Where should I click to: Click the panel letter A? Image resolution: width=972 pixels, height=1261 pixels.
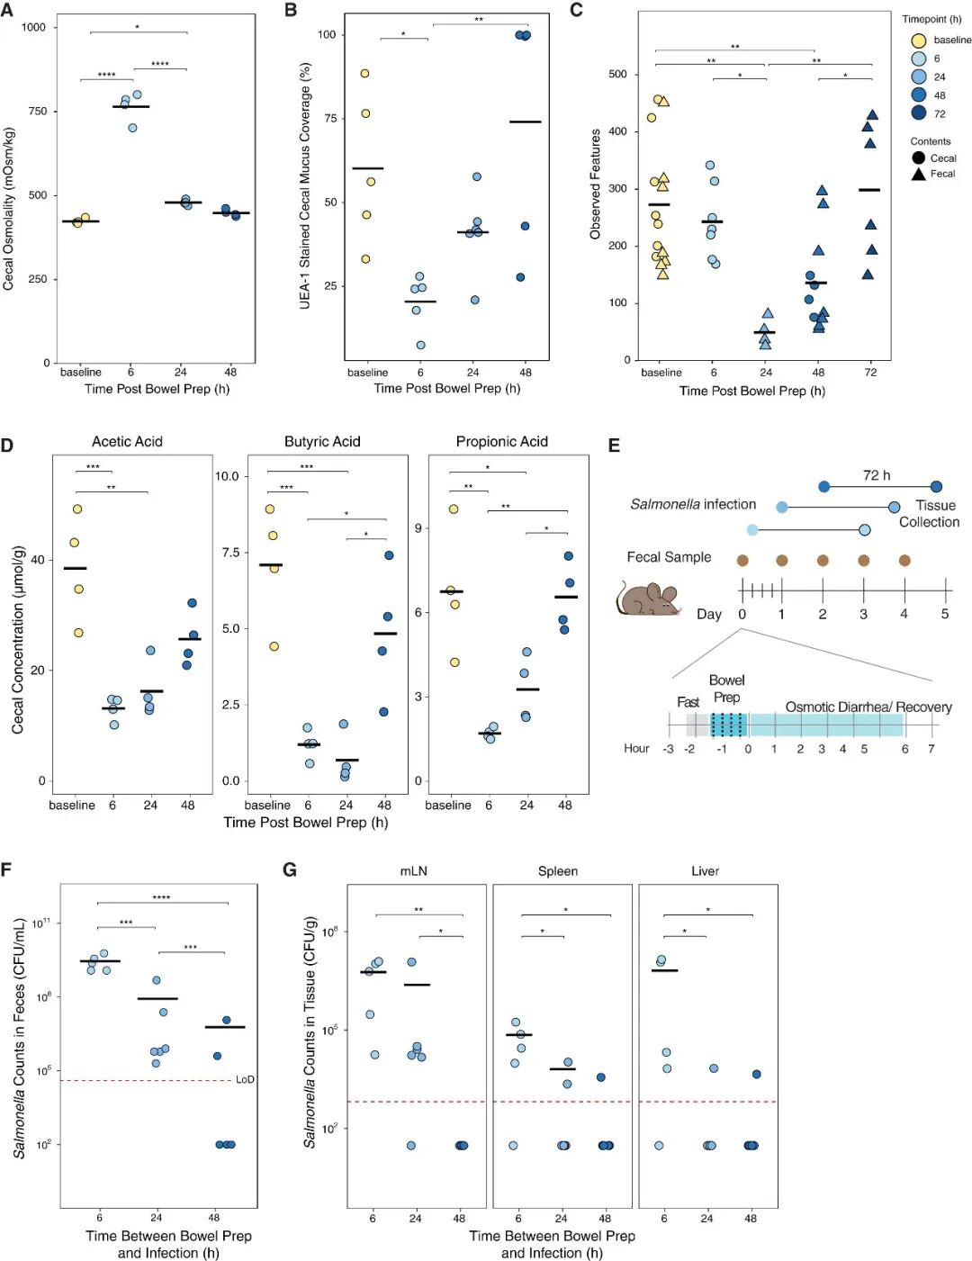(7, 9)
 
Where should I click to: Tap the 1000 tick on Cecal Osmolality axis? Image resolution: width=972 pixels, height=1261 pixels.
(33, 27)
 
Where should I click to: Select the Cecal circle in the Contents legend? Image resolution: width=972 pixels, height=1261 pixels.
(918, 158)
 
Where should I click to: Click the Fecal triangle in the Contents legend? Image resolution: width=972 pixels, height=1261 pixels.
(918, 174)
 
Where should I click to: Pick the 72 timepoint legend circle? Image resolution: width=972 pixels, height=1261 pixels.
(918, 113)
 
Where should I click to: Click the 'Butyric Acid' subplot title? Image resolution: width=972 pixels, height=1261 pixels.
(322, 441)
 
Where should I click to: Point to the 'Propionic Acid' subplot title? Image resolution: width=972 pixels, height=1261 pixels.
(501, 441)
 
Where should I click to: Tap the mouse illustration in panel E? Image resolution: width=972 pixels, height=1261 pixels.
(648, 599)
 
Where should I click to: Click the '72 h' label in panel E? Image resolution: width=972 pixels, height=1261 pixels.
(876, 475)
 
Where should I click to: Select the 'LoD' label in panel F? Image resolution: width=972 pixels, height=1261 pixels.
(245, 1079)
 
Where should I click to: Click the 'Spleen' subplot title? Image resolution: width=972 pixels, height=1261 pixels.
(558, 871)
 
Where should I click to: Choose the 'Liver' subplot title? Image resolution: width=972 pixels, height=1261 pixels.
(706, 871)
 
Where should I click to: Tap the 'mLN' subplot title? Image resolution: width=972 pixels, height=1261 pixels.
(414, 871)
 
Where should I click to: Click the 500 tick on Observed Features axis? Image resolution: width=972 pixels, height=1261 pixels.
(617, 74)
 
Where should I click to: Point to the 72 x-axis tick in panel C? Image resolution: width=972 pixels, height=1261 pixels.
(870, 372)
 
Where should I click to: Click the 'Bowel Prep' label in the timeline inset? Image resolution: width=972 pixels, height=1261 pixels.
(726, 689)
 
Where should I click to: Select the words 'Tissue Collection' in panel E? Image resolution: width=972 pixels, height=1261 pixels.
(930, 513)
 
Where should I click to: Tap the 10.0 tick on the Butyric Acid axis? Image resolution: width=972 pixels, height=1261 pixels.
(227, 476)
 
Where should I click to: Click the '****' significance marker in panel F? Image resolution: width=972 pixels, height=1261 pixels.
(161, 897)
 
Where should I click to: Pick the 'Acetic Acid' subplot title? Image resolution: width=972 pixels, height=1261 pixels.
(127, 441)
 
